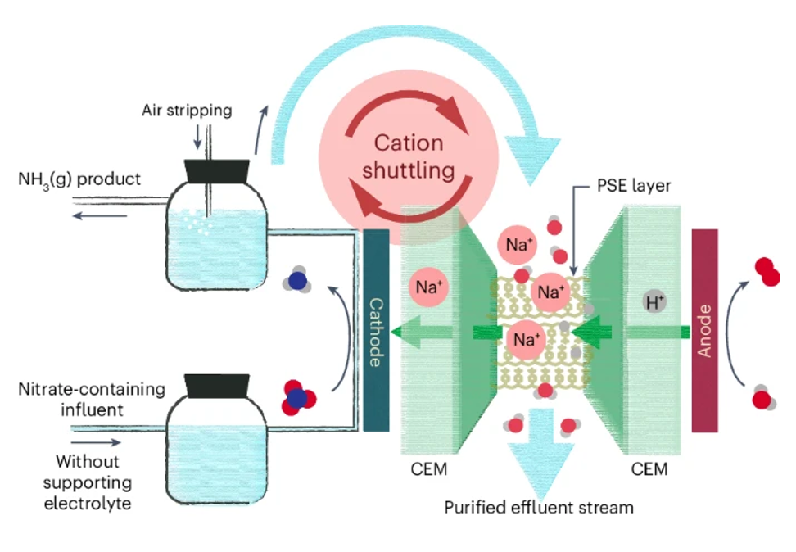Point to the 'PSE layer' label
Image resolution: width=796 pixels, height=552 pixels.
(x=633, y=186)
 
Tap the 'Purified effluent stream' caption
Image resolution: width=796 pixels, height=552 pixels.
(x=539, y=507)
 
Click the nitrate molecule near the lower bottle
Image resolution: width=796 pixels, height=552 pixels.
(x=299, y=396)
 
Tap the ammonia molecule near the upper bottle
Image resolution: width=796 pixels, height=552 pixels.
(x=296, y=280)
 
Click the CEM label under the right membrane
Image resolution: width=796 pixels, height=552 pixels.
(x=649, y=470)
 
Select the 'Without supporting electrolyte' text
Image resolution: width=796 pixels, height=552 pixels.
(x=88, y=482)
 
